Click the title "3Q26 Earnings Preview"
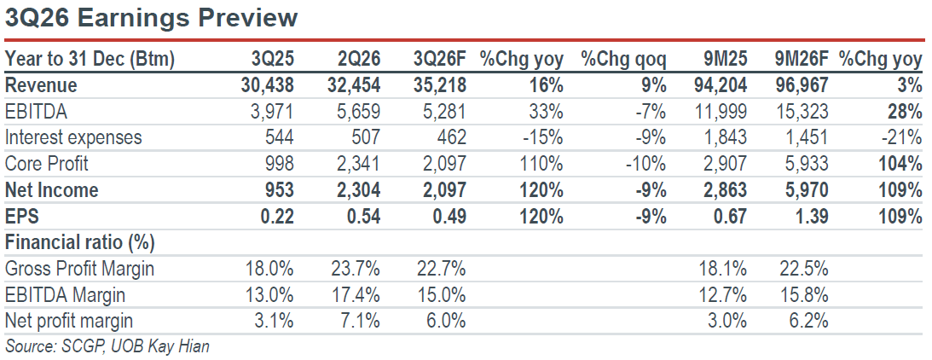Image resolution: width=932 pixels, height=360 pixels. pyautogui.click(x=151, y=19)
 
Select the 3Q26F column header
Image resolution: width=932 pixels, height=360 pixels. pyautogui.click(x=441, y=59)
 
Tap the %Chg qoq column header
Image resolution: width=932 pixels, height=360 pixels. pyautogui.click(x=623, y=60)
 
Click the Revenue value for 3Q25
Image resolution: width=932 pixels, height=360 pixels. pyautogui.click(x=268, y=85)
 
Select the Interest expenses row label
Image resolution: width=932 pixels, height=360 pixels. pyautogui.click(x=73, y=138)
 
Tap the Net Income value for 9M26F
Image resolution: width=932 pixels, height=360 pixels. pyautogui.click(x=802, y=190)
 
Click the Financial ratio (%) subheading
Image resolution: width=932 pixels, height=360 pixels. pyautogui.click(x=79, y=242)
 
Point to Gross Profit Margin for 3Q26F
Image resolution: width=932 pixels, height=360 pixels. pyautogui.click(x=441, y=269)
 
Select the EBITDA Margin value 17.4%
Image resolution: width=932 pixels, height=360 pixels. pyautogui.click(x=355, y=294)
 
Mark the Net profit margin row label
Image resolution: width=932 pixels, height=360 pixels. pyautogui.click(x=69, y=322)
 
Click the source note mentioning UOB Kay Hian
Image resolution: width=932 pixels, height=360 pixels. pyautogui.click(x=107, y=345)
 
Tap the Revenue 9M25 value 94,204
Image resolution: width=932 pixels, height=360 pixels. pyautogui.click(x=721, y=85)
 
